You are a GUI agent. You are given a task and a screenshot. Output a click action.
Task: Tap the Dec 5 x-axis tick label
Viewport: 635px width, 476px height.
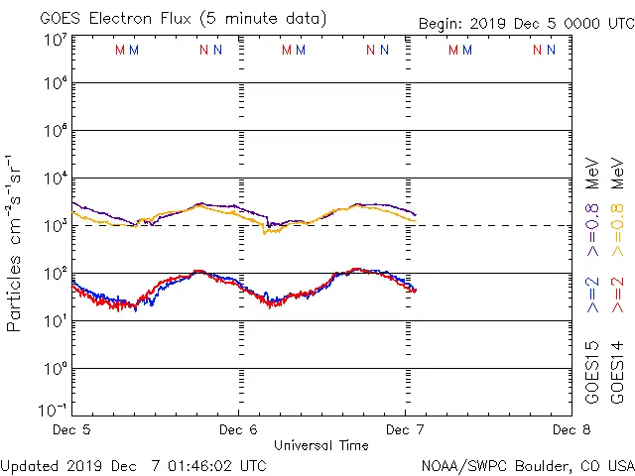71,429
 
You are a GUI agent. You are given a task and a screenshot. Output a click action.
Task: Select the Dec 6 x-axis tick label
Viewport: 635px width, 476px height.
238,429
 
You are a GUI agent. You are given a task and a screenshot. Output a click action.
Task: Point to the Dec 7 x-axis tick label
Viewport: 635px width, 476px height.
405,429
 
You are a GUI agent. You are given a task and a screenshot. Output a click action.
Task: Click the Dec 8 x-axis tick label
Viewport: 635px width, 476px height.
571,429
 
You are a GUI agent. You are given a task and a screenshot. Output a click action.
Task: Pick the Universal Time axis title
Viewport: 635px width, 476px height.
320,445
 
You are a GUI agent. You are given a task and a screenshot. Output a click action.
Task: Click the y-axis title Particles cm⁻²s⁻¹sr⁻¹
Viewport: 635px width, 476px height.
15,243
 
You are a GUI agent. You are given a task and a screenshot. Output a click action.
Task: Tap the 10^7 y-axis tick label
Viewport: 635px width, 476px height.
55,41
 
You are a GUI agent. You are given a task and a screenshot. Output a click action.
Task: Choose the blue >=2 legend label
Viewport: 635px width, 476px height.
593,296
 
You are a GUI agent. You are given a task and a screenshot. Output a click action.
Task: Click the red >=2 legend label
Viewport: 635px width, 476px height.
618,296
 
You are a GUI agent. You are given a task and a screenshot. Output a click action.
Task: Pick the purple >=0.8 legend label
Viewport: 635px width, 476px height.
593,202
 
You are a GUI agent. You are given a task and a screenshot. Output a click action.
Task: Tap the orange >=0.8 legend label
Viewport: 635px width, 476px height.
618,202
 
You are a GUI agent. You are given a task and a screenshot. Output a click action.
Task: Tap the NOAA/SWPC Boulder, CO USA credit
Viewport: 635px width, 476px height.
527,465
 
